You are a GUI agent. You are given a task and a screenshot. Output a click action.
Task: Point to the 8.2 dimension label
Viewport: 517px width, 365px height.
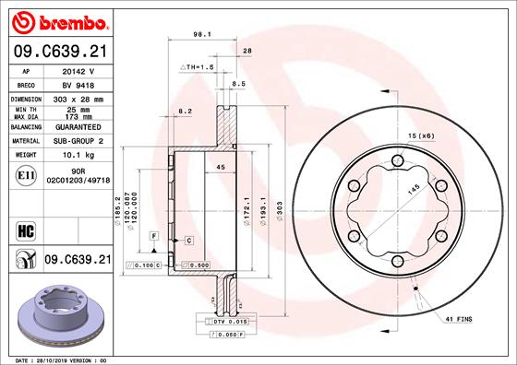(184, 111)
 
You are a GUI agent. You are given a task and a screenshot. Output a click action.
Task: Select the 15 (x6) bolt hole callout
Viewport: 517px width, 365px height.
(421, 135)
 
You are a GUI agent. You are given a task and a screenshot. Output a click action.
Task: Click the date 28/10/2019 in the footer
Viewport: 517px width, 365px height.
(58, 359)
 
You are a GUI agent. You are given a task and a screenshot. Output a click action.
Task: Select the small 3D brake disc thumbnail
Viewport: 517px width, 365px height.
(62, 314)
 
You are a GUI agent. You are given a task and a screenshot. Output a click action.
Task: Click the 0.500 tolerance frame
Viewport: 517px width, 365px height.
(195, 266)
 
